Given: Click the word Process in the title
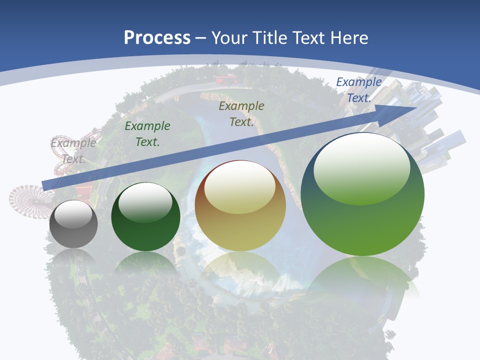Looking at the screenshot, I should [157, 38].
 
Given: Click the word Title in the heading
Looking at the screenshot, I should [268, 38].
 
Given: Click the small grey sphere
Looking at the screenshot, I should [73, 224].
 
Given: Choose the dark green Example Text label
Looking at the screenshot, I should [147, 134].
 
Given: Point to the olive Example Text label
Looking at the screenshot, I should [241, 114].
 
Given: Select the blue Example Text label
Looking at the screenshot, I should [358, 90].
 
